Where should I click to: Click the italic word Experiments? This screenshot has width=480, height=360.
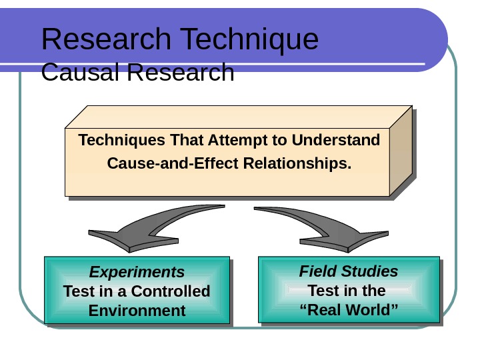point(137,272)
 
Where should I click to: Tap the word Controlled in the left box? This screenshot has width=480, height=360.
point(171,291)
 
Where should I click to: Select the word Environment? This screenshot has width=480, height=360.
point(137,311)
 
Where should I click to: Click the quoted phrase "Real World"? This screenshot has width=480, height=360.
point(349,310)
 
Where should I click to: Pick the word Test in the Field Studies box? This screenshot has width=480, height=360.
point(323,291)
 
